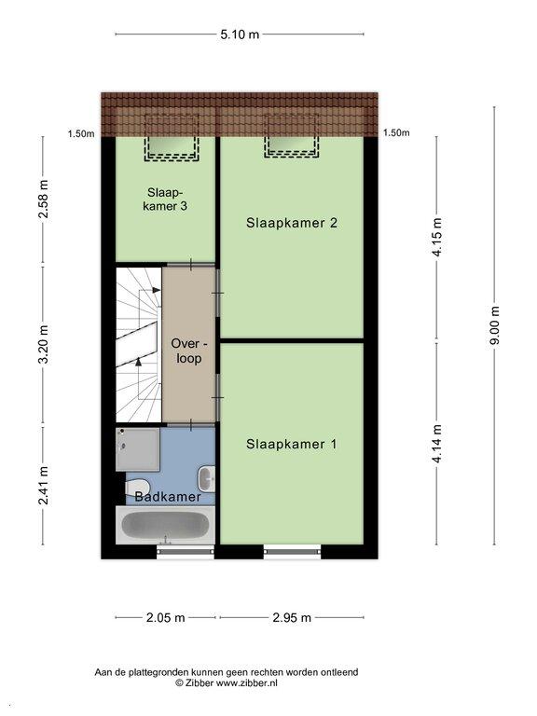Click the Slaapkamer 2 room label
(x=291, y=223)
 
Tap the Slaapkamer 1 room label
(x=291, y=444)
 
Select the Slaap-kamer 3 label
(x=165, y=200)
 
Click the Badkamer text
(x=168, y=497)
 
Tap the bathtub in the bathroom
(x=165, y=525)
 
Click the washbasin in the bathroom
(x=206, y=479)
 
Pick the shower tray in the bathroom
(x=137, y=449)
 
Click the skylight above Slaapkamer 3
(x=172, y=138)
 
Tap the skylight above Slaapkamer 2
(x=291, y=136)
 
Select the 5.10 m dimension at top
(x=240, y=34)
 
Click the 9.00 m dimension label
(x=495, y=325)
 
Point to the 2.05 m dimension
(x=165, y=618)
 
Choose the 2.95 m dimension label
(x=292, y=618)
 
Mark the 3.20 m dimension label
(x=44, y=345)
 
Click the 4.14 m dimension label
(x=437, y=444)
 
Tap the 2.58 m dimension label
(x=44, y=200)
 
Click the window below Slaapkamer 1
(x=292, y=552)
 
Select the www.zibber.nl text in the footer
(x=246, y=683)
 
